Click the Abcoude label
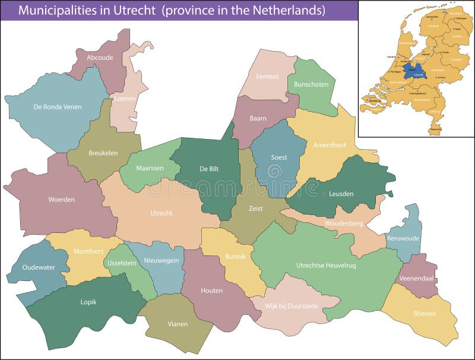pyautogui.click(x=99, y=58)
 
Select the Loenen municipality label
pyautogui.click(x=125, y=99)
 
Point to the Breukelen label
pyautogui.click(x=103, y=153)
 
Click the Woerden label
pyautogui.click(x=61, y=200)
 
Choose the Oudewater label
pyautogui.click(x=38, y=267)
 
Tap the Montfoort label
pyautogui.click(x=88, y=251)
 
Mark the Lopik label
pyautogui.click(x=88, y=302)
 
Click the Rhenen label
pyautogui.click(x=425, y=314)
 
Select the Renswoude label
pyautogui.click(x=403, y=238)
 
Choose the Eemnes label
pyautogui.click(x=267, y=76)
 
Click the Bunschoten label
pyautogui.click(x=311, y=84)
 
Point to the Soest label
pyautogui.click(x=278, y=157)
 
